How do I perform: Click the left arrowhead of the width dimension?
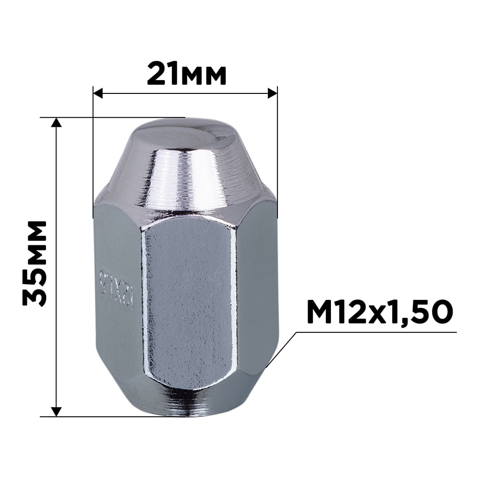[x=98, y=93]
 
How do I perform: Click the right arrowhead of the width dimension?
[x=273, y=93]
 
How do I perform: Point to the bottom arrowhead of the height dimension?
[x=57, y=411]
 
